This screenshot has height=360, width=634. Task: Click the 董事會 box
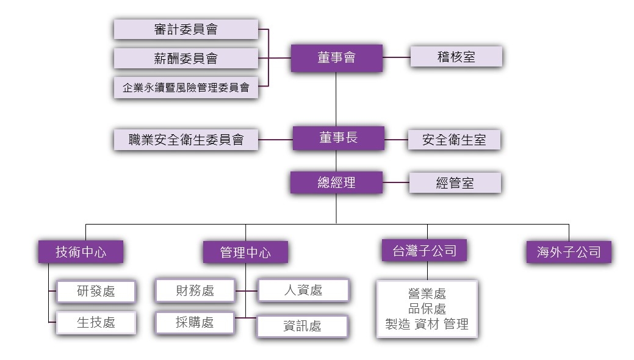click(x=336, y=58)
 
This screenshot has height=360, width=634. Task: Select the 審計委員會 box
click(x=186, y=29)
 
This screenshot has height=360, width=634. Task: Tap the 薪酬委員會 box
click(x=186, y=58)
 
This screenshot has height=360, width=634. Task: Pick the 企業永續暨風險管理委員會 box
click(x=186, y=87)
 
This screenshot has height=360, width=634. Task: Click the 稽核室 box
click(x=456, y=57)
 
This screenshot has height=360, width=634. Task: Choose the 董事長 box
click(x=339, y=138)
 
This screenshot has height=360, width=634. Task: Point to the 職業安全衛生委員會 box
click(x=186, y=140)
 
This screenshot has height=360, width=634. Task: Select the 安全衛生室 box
click(x=454, y=140)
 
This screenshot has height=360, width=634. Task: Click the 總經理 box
click(x=336, y=182)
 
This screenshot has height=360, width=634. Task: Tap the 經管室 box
click(x=455, y=183)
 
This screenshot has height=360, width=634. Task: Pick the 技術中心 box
click(x=81, y=252)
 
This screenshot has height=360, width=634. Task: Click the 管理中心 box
click(x=245, y=253)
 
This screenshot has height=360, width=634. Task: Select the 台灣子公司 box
click(x=425, y=250)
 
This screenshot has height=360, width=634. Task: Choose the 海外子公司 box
click(x=569, y=252)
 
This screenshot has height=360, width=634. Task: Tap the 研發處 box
click(x=96, y=291)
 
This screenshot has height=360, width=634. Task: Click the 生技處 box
click(x=96, y=323)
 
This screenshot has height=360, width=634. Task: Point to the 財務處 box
click(x=195, y=290)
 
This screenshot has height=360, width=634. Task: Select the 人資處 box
click(x=303, y=290)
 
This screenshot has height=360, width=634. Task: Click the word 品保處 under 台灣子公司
click(x=427, y=309)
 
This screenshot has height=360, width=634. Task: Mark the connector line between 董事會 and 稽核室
click(x=396, y=57)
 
